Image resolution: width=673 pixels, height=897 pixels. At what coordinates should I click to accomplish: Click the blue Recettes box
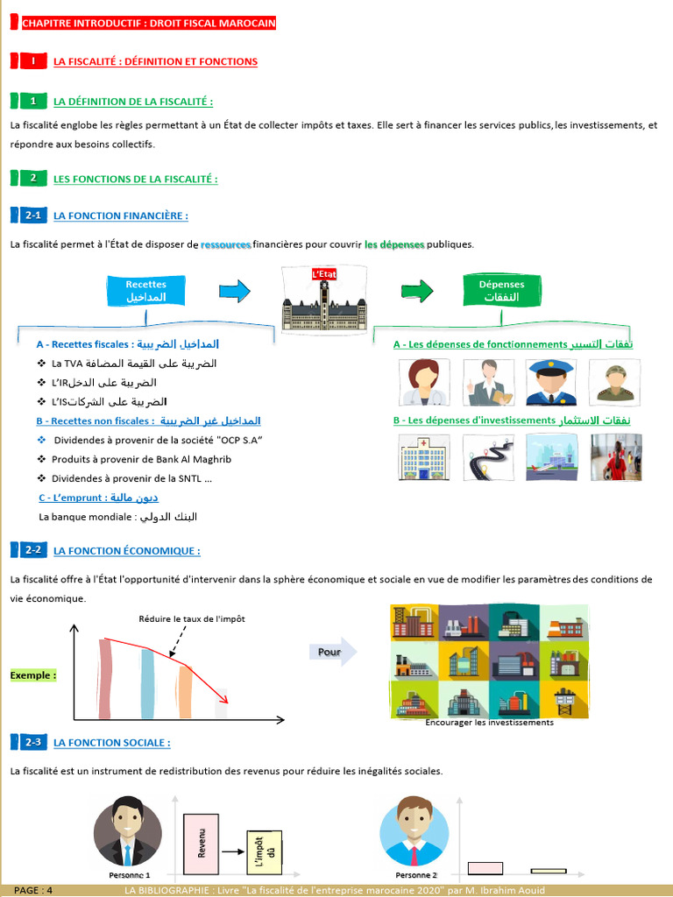coord(145,291)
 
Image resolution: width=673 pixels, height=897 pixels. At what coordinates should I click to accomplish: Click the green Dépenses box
coord(501,291)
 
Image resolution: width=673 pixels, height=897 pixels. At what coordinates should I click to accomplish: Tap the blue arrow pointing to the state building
coord(233,290)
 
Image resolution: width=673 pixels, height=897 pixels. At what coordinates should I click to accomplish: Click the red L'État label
coord(324,274)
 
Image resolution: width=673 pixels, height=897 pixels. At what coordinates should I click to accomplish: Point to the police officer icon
coord(551,382)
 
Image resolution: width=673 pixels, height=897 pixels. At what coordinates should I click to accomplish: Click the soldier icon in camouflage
coord(615,382)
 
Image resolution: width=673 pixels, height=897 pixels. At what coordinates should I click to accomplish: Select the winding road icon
coord(488,456)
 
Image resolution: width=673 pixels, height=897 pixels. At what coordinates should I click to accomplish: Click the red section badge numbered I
coord(32,61)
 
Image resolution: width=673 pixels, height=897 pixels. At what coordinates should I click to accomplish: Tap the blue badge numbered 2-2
coord(32,550)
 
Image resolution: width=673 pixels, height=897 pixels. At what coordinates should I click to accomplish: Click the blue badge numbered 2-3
coord(32,742)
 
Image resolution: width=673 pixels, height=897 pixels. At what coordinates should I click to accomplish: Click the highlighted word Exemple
coord(33,675)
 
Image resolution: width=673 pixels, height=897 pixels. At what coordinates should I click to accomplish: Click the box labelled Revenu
coord(202,842)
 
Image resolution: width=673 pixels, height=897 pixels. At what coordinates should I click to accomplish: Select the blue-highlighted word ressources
coord(225,244)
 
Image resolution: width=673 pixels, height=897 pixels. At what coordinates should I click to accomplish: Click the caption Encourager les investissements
coord(489,723)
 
